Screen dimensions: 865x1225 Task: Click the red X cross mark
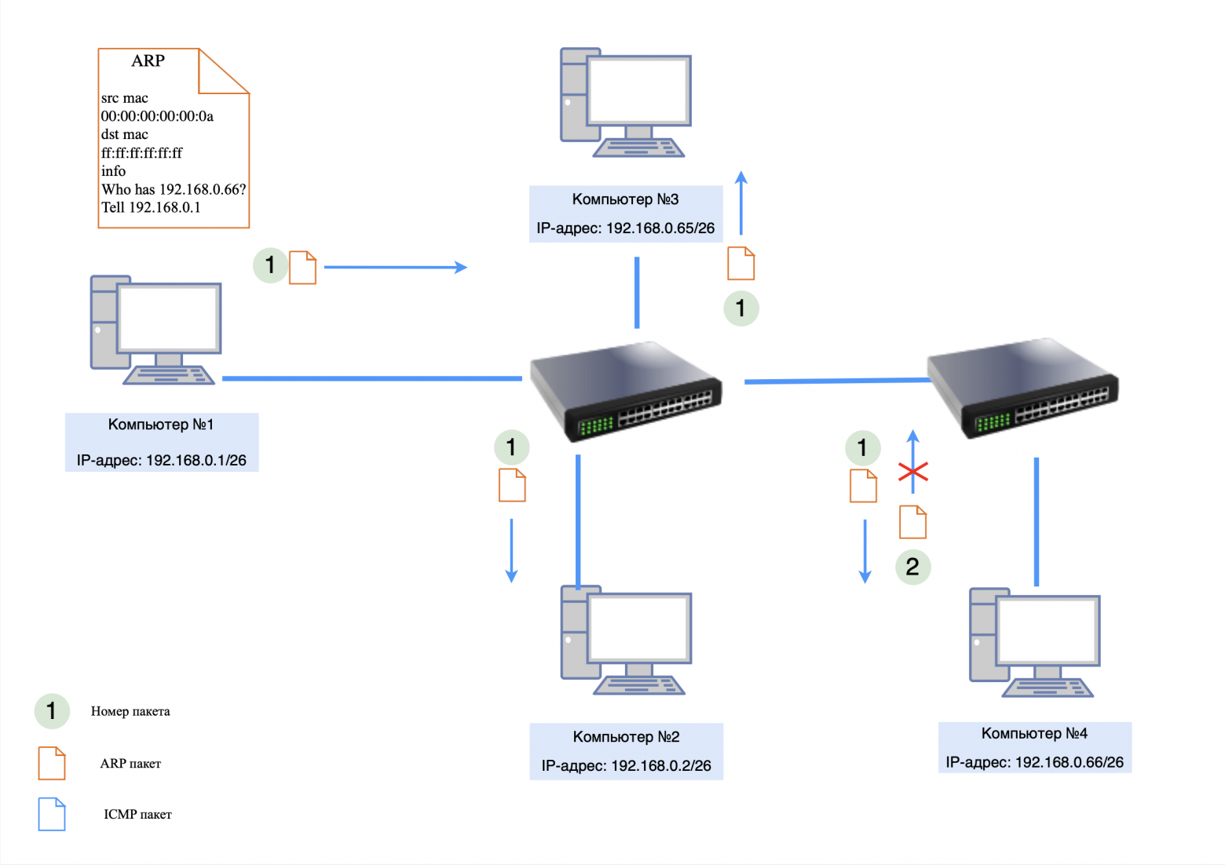tap(913, 472)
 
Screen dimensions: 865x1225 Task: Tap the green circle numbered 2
tap(912, 567)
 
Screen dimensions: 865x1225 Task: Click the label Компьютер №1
tap(161, 425)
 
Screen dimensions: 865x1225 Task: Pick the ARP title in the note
tap(148, 61)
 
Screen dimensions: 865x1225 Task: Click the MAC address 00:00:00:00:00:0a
tap(157, 116)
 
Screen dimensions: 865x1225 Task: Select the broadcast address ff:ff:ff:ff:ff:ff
tap(141, 153)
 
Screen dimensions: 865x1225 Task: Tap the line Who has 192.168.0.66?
tap(174, 189)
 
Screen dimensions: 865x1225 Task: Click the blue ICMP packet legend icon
tap(52, 814)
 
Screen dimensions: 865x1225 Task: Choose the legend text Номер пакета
tap(130, 711)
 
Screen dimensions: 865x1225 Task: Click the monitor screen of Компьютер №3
tap(638, 89)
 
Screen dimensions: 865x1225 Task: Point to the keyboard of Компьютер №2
tap(638, 687)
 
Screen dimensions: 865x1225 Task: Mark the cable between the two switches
tap(836, 381)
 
